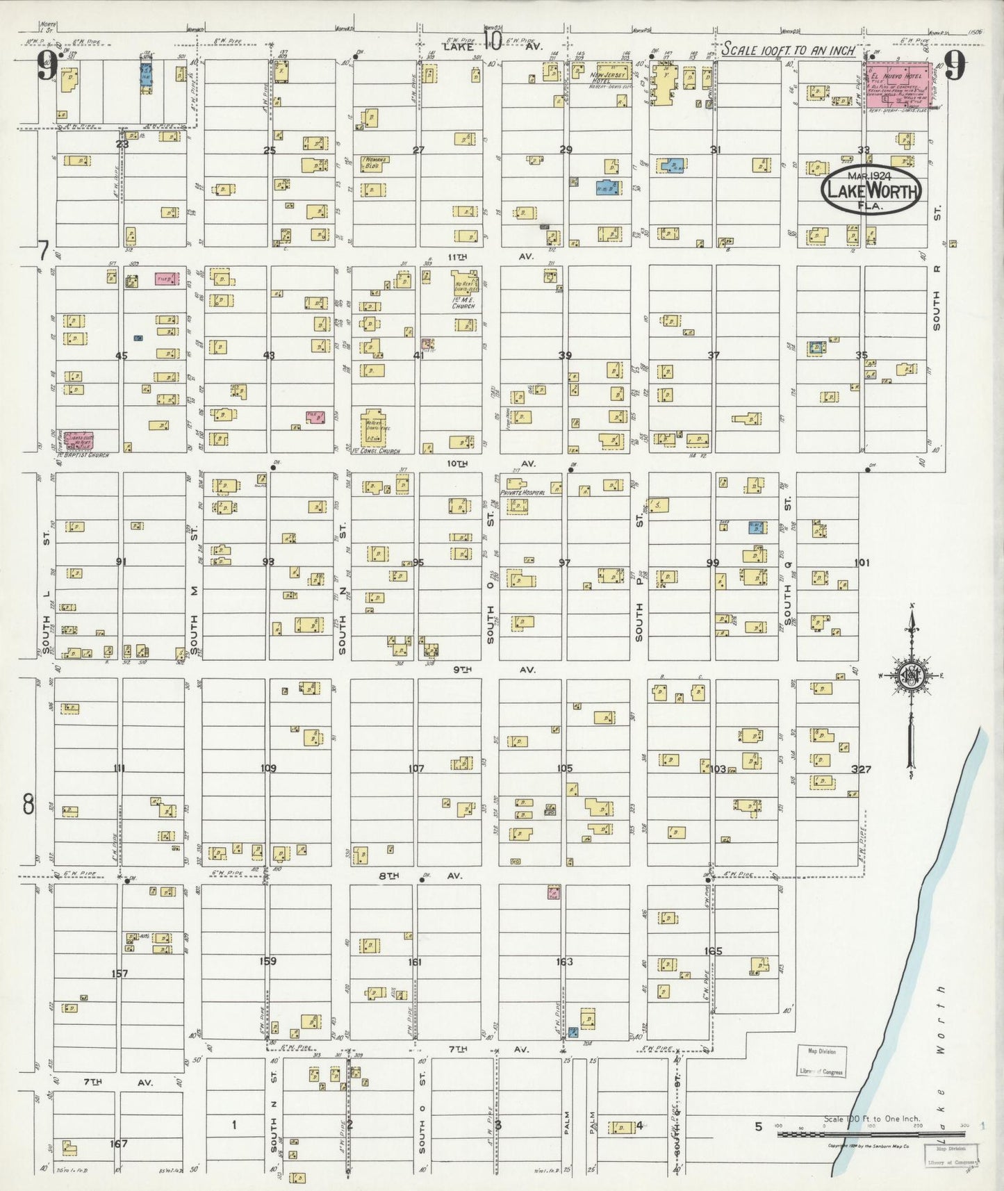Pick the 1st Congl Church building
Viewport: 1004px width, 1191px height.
pyautogui.click(x=374, y=426)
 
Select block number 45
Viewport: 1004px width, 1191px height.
pyautogui.click(x=122, y=356)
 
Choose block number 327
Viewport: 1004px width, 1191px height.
pyautogui.click(x=862, y=769)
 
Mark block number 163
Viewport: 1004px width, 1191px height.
pyautogui.click(x=564, y=962)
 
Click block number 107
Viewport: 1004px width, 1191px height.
pyautogui.click(x=415, y=769)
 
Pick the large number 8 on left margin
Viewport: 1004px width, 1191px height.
pyautogui.click(x=28, y=804)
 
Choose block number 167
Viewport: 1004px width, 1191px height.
pyautogui.click(x=119, y=1143)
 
